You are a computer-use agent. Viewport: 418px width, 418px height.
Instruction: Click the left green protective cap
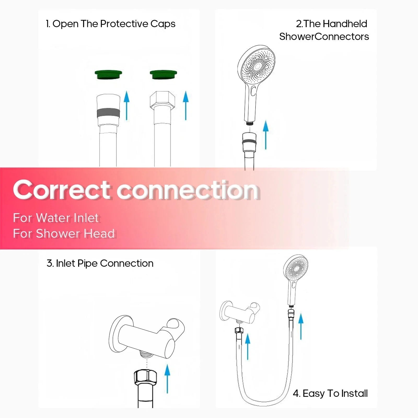click(108, 75)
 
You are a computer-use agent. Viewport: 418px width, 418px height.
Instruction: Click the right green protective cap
click(163, 75)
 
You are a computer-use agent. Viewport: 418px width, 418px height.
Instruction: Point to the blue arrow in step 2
click(266, 135)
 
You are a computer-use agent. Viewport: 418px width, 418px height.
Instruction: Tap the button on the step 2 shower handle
click(253, 91)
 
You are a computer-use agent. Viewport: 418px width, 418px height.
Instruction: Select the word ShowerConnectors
click(324, 37)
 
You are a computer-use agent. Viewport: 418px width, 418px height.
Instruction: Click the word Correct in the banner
click(62, 190)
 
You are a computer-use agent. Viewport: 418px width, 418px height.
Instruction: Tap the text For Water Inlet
click(56, 218)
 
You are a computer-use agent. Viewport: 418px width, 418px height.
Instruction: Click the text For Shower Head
click(64, 234)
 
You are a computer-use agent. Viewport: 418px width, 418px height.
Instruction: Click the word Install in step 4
click(355, 393)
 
